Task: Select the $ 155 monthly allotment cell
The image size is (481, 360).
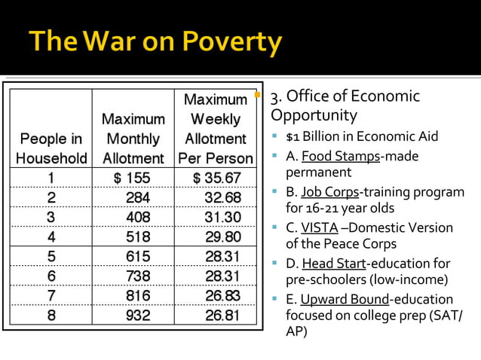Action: click(x=133, y=178)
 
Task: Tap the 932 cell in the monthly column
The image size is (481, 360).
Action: click(x=138, y=316)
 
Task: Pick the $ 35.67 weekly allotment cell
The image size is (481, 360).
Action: click(x=216, y=178)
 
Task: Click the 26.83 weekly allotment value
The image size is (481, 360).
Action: click(x=222, y=296)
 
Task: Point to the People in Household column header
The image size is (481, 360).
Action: click(x=51, y=148)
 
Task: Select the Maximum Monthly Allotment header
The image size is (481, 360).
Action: click(x=133, y=139)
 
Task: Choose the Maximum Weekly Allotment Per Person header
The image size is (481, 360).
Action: click(x=216, y=129)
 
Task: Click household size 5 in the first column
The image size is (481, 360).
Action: click(x=51, y=257)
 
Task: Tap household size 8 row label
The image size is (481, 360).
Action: click(x=51, y=316)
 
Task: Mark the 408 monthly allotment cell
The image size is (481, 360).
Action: click(x=138, y=217)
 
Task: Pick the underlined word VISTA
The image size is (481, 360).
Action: click(x=319, y=227)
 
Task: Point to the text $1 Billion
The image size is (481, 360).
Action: click(x=312, y=136)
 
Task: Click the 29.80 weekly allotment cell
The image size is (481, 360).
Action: click(x=222, y=236)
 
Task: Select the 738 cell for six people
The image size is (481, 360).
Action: click(x=138, y=276)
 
